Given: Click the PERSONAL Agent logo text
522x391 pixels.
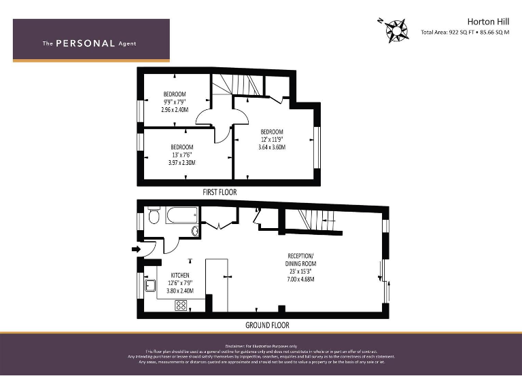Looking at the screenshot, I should [x=89, y=43].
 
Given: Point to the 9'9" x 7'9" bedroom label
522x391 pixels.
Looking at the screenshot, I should [x=175, y=102].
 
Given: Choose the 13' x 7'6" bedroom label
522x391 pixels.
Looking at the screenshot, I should [x=182, y=155].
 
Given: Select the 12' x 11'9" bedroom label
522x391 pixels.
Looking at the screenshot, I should [x=272, y=139].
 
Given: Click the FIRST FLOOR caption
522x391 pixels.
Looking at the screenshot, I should [x=220, y=192].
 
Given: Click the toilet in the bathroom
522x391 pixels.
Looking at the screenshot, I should [x=154, y=216].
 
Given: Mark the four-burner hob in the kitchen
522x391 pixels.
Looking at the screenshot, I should [x=181, y=305].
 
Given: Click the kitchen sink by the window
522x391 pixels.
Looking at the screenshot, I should [x=151, y=285].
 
